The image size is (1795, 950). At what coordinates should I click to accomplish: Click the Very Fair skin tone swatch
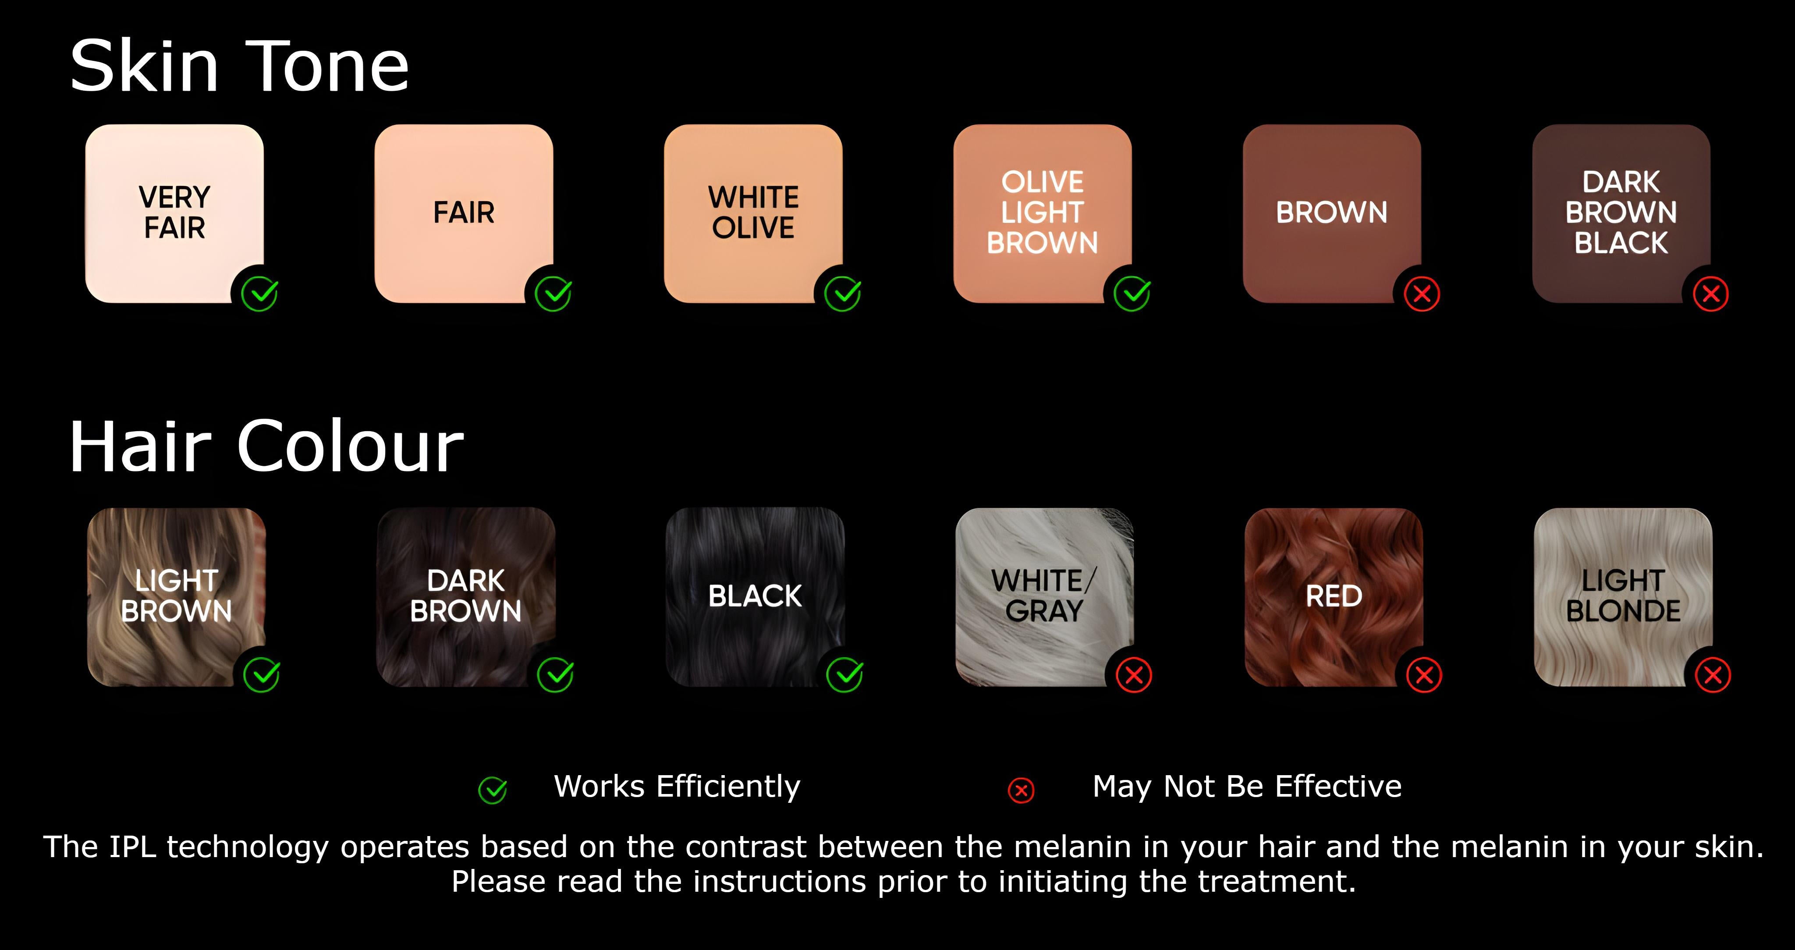click(174, 213)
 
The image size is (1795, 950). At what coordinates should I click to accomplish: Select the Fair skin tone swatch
click(463, 213)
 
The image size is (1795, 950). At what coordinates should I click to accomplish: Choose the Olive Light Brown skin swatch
click(1043, 213)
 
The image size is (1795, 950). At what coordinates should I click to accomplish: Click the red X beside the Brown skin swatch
click(1422, 294)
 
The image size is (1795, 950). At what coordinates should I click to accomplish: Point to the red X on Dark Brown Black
click(1711, 294)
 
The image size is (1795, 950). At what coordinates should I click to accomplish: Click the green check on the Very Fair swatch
click(260, 294)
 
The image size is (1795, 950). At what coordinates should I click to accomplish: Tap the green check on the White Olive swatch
click(842, 294)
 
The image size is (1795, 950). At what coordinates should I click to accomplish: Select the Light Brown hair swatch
click(176, 597)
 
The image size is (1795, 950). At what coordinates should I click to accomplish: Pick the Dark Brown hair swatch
click(465, 597)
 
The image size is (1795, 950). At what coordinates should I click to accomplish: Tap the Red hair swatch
click(1334, 597)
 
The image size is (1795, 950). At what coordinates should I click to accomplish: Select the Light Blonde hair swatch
click(1623, 597)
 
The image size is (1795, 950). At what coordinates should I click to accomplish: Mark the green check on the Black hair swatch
click(844, 675)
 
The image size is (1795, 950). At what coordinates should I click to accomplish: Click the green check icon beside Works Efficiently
click(493, 790)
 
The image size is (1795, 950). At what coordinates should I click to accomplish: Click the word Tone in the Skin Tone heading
click(327, 66)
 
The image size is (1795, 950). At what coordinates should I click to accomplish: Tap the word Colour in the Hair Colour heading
click(351, 447)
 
